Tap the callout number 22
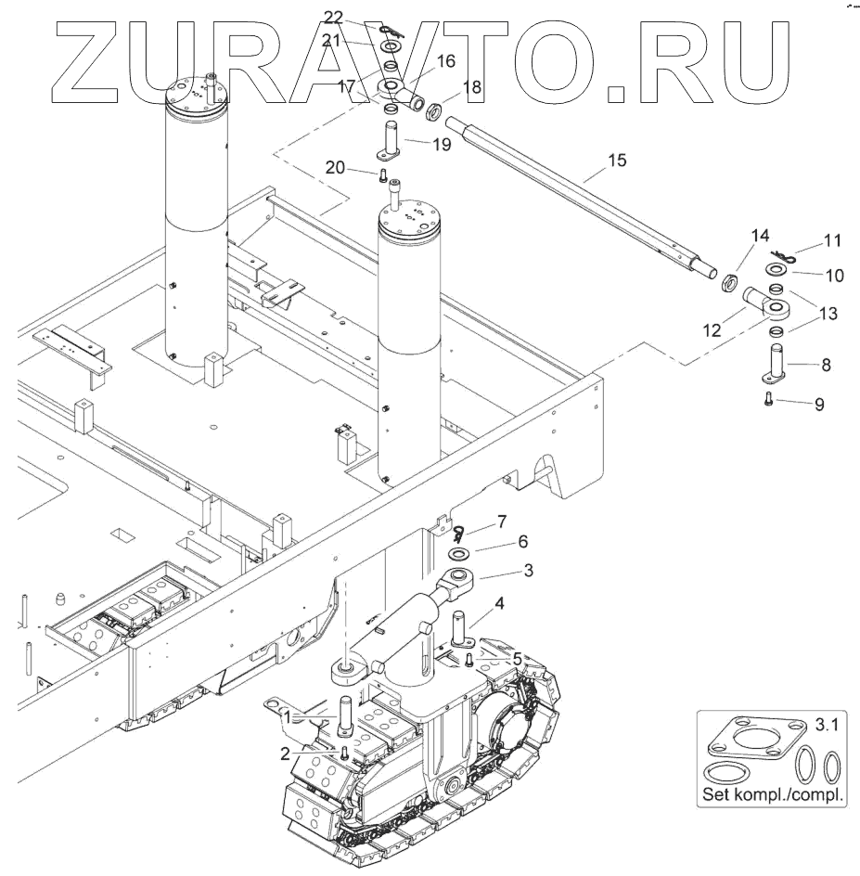[333, 18]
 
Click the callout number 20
[336, 166]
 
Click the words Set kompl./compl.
[773, 795]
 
